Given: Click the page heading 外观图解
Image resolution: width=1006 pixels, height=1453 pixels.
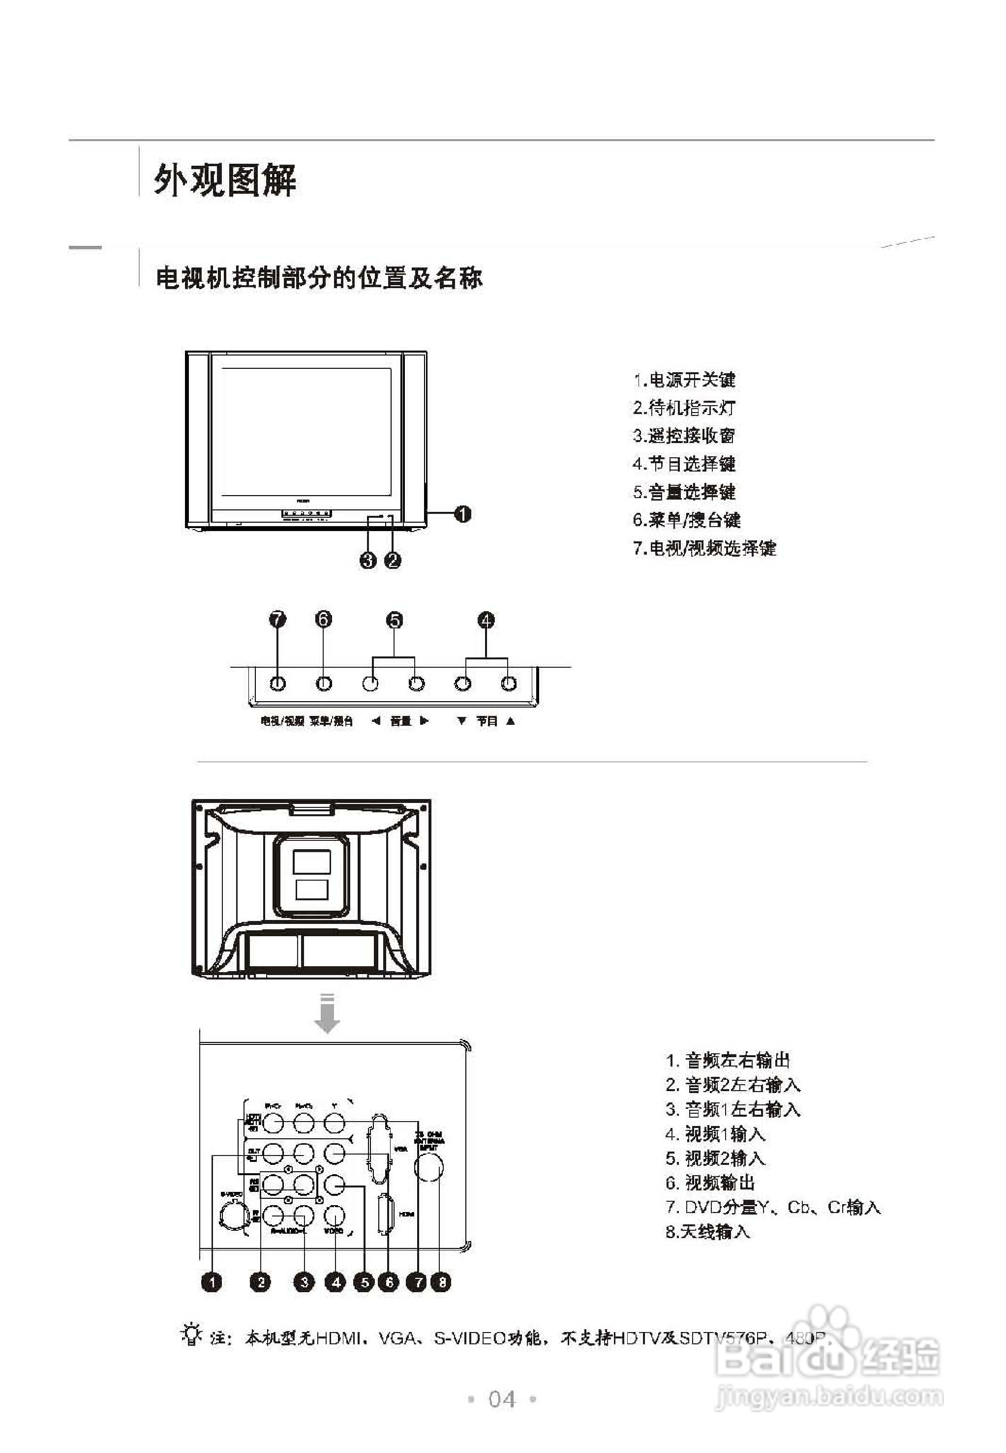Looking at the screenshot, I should pyautogui.click(x=225, y=181).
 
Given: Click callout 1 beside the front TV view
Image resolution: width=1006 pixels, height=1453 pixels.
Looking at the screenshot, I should pyautogui.click(x=463, y=514).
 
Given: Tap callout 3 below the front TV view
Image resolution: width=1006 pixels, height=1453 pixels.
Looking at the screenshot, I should pyautogui.click(x=368, y=560).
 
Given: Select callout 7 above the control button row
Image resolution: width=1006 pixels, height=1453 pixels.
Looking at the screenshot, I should pyautogui.click(x=278, y=620).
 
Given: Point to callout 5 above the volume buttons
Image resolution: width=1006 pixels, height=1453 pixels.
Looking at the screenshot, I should pyautogui.click(x=394, y=620).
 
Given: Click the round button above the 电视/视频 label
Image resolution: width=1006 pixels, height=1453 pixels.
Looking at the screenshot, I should pyautogui.click(x=278, y=683).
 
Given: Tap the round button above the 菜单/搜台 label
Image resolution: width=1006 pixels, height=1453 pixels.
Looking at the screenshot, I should pyautogui.click(x=323, y=683).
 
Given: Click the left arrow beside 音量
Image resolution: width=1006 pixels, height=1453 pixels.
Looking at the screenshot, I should pyautogui.click(x=376, y=721).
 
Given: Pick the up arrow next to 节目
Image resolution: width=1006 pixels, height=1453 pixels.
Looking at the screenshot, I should pyautogui.click(x=511, y=721).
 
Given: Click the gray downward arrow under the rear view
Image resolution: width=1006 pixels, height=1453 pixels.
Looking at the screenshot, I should pyautogui.click(x=327, y=1014).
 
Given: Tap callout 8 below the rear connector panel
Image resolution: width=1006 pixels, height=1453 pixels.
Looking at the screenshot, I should pyautogui.click(x=442, y=1281).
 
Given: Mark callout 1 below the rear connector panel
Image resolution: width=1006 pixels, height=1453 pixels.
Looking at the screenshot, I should pyautogui.click(x=212, y=1281).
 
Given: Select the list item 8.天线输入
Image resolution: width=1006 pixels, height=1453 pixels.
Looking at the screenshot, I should pyautogui.click(x=708, y=1231).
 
